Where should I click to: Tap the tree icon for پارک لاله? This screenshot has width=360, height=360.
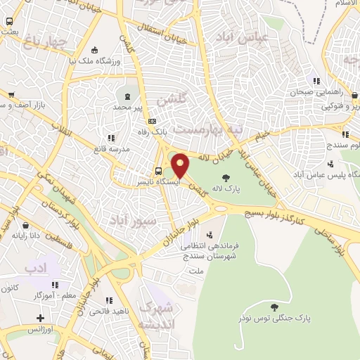point(225,178)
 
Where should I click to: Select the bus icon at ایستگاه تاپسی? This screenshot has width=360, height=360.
point(158,171)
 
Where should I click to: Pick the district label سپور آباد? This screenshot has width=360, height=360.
point(131,221)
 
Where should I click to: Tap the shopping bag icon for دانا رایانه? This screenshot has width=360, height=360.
point(26,226)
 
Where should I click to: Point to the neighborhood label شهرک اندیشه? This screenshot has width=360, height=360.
point(154,316)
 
